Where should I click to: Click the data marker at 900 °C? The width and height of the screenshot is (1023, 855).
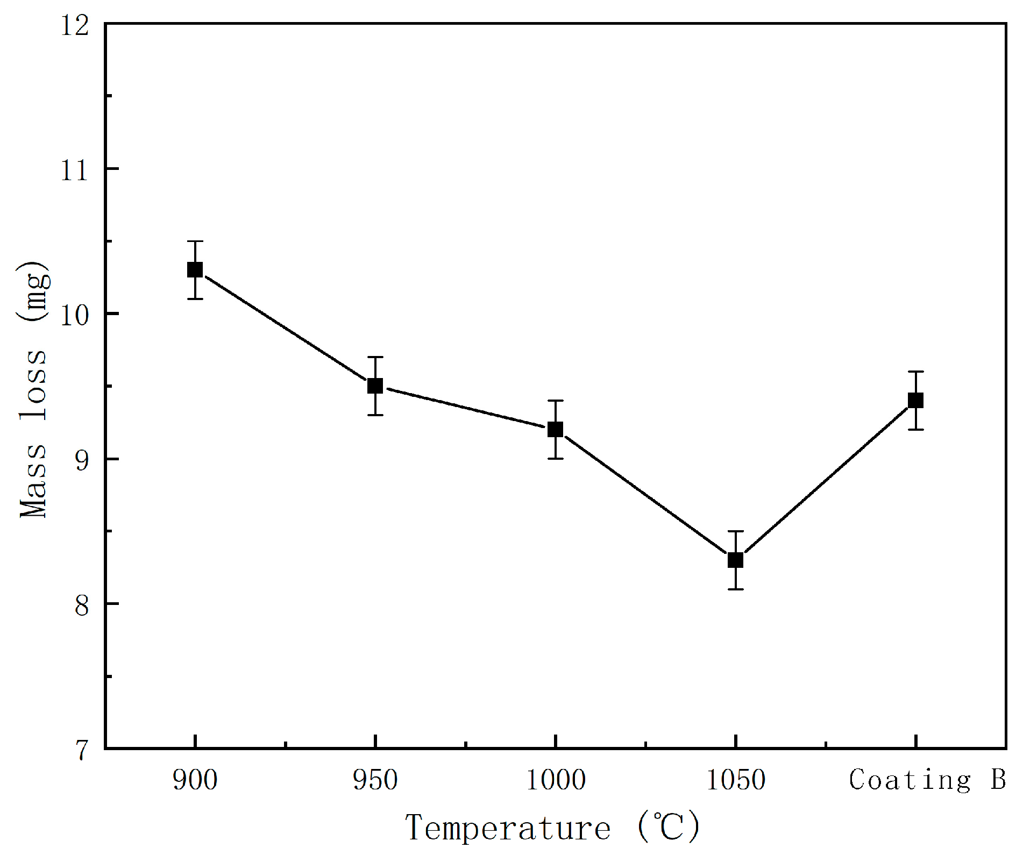tap(195, 269)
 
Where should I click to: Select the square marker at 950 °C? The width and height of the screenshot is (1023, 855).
tap(375, 386)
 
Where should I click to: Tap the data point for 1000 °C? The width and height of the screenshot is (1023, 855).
tap(555, 429)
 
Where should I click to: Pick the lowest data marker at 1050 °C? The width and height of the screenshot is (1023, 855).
tap(735, 560)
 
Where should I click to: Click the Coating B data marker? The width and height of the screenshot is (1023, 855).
tap(915, 400)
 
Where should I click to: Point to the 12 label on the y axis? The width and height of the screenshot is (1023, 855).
tap(74, 25)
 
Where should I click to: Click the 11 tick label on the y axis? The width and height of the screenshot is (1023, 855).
tap(74, 170)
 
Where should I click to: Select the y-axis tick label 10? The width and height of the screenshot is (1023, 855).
tap(74, 315)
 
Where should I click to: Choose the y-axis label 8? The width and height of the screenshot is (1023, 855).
tap(81, 605)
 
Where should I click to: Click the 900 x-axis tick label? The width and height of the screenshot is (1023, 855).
tap(195, 780)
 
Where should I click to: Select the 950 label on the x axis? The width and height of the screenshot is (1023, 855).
tap(375, 780)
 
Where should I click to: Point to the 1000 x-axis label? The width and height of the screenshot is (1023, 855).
tap(555, 780)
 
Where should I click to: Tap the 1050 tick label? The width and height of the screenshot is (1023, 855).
tap(735, 780)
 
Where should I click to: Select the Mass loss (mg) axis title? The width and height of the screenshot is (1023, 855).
tap(33, 390)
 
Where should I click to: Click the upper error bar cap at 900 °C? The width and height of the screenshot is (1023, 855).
tap(195, 241)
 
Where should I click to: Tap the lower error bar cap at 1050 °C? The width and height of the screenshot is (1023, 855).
tap(735, 589)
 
